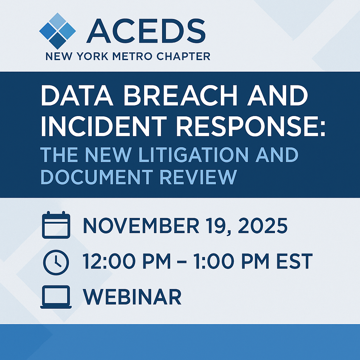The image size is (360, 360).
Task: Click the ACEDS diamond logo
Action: (x=57, y=31)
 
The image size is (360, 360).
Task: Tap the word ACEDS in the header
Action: (x=146, y=31)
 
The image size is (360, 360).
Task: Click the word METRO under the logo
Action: (x=132, y=56)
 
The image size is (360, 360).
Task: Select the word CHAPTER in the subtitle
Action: (x=183, y=56)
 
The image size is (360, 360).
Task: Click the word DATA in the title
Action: (x=77, y=95)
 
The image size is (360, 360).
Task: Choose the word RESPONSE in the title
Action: (x=239, y=126)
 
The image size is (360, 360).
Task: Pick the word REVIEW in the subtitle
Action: (x=198, y=177)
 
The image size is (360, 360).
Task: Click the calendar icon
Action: (x=56, y=225)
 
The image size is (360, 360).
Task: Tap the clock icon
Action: (x=56, y=262)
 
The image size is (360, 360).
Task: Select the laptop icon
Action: (x=56, y=297)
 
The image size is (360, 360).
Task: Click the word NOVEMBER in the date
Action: (x=141, y=225)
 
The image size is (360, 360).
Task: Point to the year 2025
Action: (x=263, y=225)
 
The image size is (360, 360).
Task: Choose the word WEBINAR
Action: (x=132, y=296)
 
